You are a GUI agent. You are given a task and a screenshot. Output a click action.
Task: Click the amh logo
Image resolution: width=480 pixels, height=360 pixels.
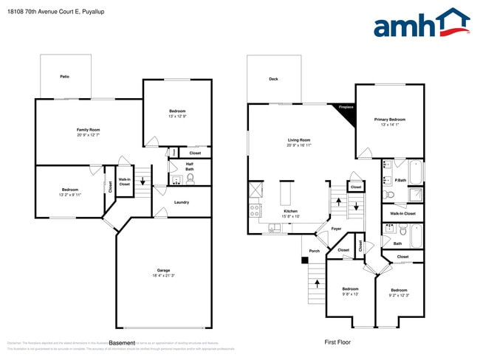(x=421, y=24)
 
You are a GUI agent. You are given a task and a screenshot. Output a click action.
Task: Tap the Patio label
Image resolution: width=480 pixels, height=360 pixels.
(x=65, y=77)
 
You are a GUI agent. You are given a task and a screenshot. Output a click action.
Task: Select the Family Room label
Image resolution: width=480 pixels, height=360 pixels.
(x=88, y=130)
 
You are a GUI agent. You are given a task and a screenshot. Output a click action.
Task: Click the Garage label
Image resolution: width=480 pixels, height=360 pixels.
(x=163, y=270)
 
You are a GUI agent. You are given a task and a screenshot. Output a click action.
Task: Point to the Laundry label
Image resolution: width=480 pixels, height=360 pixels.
(x=182, y=202)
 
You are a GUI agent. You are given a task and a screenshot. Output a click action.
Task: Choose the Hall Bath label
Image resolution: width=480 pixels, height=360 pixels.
(x=190, y=167)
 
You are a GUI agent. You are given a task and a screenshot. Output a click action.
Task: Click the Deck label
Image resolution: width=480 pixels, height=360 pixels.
(x=273, y=79)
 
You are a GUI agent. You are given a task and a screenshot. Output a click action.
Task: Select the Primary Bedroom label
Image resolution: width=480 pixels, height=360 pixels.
(x=389, y=120)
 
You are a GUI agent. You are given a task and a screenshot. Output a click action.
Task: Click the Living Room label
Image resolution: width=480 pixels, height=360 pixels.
(x=298, y=140)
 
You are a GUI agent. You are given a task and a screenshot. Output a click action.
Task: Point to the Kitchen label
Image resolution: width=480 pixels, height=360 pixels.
(x=291, y=211)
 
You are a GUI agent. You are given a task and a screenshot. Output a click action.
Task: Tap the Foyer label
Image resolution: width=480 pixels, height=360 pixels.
(x=336, y=229)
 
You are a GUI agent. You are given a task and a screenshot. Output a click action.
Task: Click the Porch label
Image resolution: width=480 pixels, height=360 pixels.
(x=314, y=251)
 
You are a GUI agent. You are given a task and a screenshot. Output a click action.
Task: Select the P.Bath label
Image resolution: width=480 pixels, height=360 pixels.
(x=401, y=181)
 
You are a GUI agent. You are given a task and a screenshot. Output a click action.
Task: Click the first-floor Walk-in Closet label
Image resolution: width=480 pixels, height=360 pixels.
(x=402, y=214)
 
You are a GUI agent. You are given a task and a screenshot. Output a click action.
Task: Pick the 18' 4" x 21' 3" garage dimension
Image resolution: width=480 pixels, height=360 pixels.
(x=163, y=276)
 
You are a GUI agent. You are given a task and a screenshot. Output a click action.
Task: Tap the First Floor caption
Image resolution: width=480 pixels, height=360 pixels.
(x=337, y=342)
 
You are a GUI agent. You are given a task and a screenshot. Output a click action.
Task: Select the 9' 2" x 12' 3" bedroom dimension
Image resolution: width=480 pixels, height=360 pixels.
(x=399, y=295)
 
